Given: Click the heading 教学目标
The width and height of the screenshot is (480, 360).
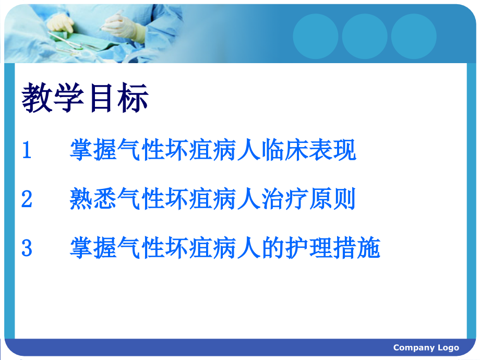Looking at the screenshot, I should [x=86, y=99].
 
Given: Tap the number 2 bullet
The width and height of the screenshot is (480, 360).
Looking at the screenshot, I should [x=27, y=199].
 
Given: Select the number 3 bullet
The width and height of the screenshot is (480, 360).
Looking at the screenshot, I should [x=27, y=248].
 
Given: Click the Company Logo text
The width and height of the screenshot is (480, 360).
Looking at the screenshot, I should [x=426, y=348].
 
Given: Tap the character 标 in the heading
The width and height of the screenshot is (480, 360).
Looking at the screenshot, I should [x=134, y=99].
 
